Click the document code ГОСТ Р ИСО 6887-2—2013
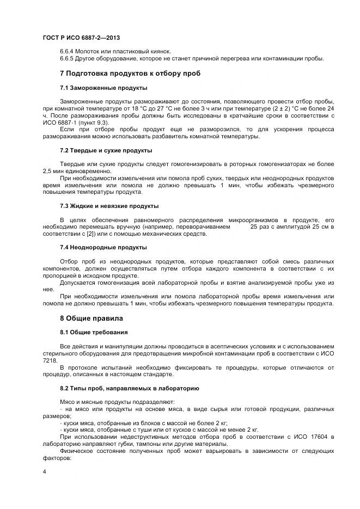click(x=81, y=38)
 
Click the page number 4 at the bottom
click(x=44, y=471)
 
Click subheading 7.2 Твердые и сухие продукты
click(x=106, y=150)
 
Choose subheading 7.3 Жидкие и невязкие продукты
click(x=109, y=206)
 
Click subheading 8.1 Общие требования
click(x=94, y=332)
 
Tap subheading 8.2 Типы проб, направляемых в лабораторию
click(x=129, y=388)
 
